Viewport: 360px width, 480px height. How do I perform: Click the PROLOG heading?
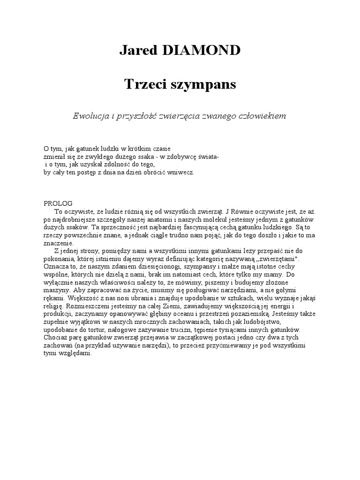coord(58,204)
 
